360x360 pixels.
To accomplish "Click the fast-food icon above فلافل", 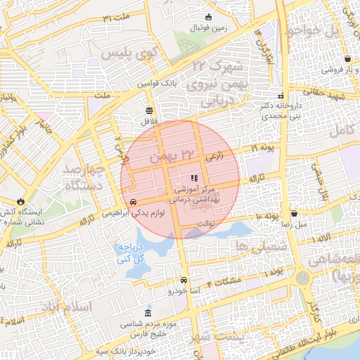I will click(148, 110).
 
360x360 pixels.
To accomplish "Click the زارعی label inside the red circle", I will click(214, 157).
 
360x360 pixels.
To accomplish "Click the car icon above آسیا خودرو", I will click(184, 279).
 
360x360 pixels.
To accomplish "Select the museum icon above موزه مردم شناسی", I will click(148, 313).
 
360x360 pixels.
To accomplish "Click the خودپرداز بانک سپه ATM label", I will click(136, 349).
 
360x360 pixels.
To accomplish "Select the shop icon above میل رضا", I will click(294, 212).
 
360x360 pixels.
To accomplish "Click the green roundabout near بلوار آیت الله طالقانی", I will click(302, 278).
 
